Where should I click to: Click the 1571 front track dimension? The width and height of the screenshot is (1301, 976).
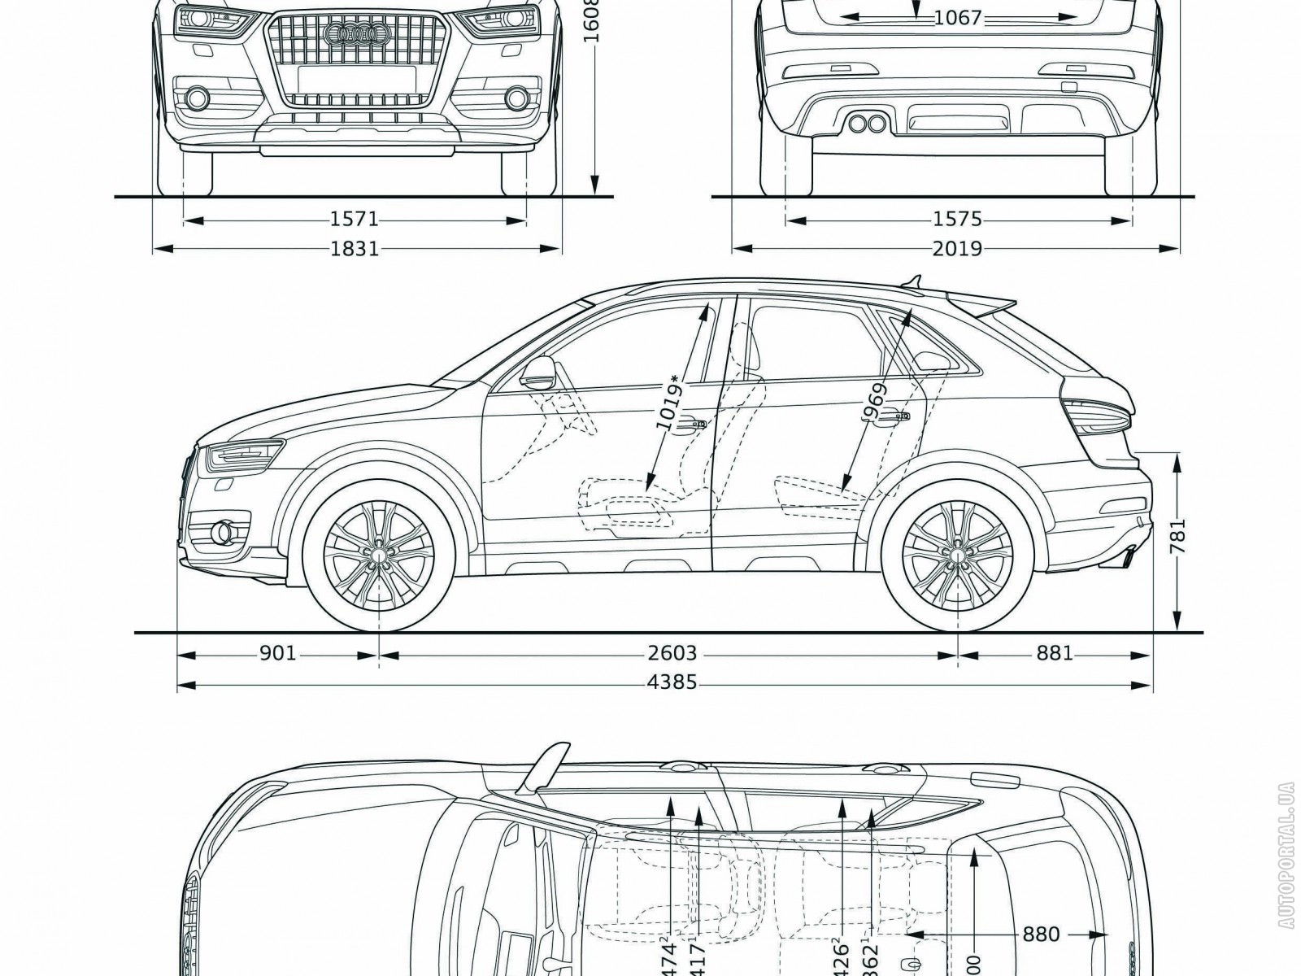(355, 220)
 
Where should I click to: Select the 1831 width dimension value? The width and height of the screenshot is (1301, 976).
(355, 249)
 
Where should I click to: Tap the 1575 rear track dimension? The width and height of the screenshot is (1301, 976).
(959, 220)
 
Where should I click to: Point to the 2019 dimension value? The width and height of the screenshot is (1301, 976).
(958, 249)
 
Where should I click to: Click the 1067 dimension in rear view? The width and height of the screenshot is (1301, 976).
(959, 17)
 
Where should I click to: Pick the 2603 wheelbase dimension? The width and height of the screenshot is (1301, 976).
(673, 654)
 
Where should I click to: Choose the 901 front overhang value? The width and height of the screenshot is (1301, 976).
(277, 654)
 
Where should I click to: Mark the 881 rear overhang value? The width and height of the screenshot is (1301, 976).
(1055, 654)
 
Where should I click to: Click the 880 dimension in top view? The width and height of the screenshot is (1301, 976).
(1040, 935)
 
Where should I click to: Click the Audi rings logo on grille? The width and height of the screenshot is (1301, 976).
(354, 33)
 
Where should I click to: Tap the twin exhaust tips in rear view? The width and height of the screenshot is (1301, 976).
(866, 124)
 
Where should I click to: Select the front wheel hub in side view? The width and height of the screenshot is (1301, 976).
(379, 553)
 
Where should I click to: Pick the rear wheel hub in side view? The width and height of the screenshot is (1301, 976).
(958, 553)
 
